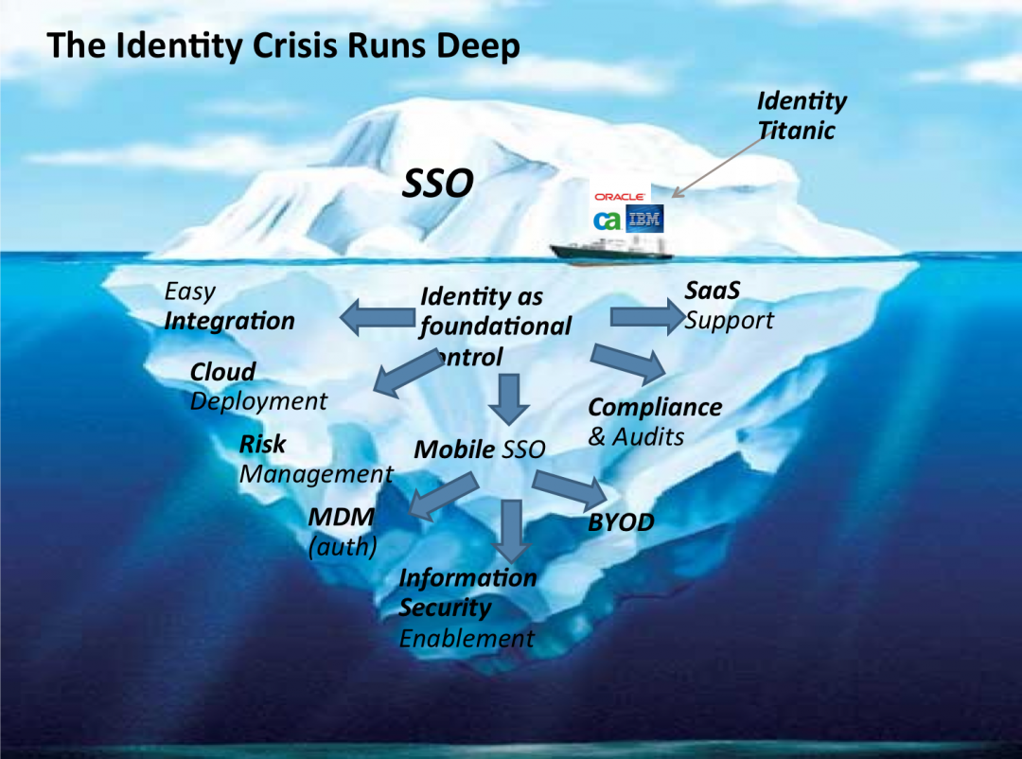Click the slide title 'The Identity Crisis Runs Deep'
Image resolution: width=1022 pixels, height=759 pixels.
(x=283, y=45)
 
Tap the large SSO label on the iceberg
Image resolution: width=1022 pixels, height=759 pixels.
(x=437, y=185)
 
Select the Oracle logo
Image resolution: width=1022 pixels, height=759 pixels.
(x=620, y=196)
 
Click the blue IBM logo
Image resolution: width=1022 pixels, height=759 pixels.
(x=646, y=220)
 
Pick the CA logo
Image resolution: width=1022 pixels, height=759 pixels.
(x=607, y=221)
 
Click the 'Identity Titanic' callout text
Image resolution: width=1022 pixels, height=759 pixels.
(x=801, y=115)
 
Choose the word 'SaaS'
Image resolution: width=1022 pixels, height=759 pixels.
(x=712, y=290)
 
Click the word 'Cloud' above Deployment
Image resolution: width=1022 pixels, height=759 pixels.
(x=222, y=371)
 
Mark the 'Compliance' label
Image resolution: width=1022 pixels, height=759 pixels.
(x=654, y=407)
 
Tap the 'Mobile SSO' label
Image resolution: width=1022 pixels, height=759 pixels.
(x=480, y=449)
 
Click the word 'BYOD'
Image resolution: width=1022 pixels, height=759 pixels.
(x=621, y=522)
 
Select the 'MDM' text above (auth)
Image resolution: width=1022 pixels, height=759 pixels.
(x=341, y=517)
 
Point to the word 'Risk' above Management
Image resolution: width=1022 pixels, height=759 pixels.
(x=262, y=443)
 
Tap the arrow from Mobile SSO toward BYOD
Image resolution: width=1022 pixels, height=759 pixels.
(x=568, y=487)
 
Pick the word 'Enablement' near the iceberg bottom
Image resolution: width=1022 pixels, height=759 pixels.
(x=467, y=638)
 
